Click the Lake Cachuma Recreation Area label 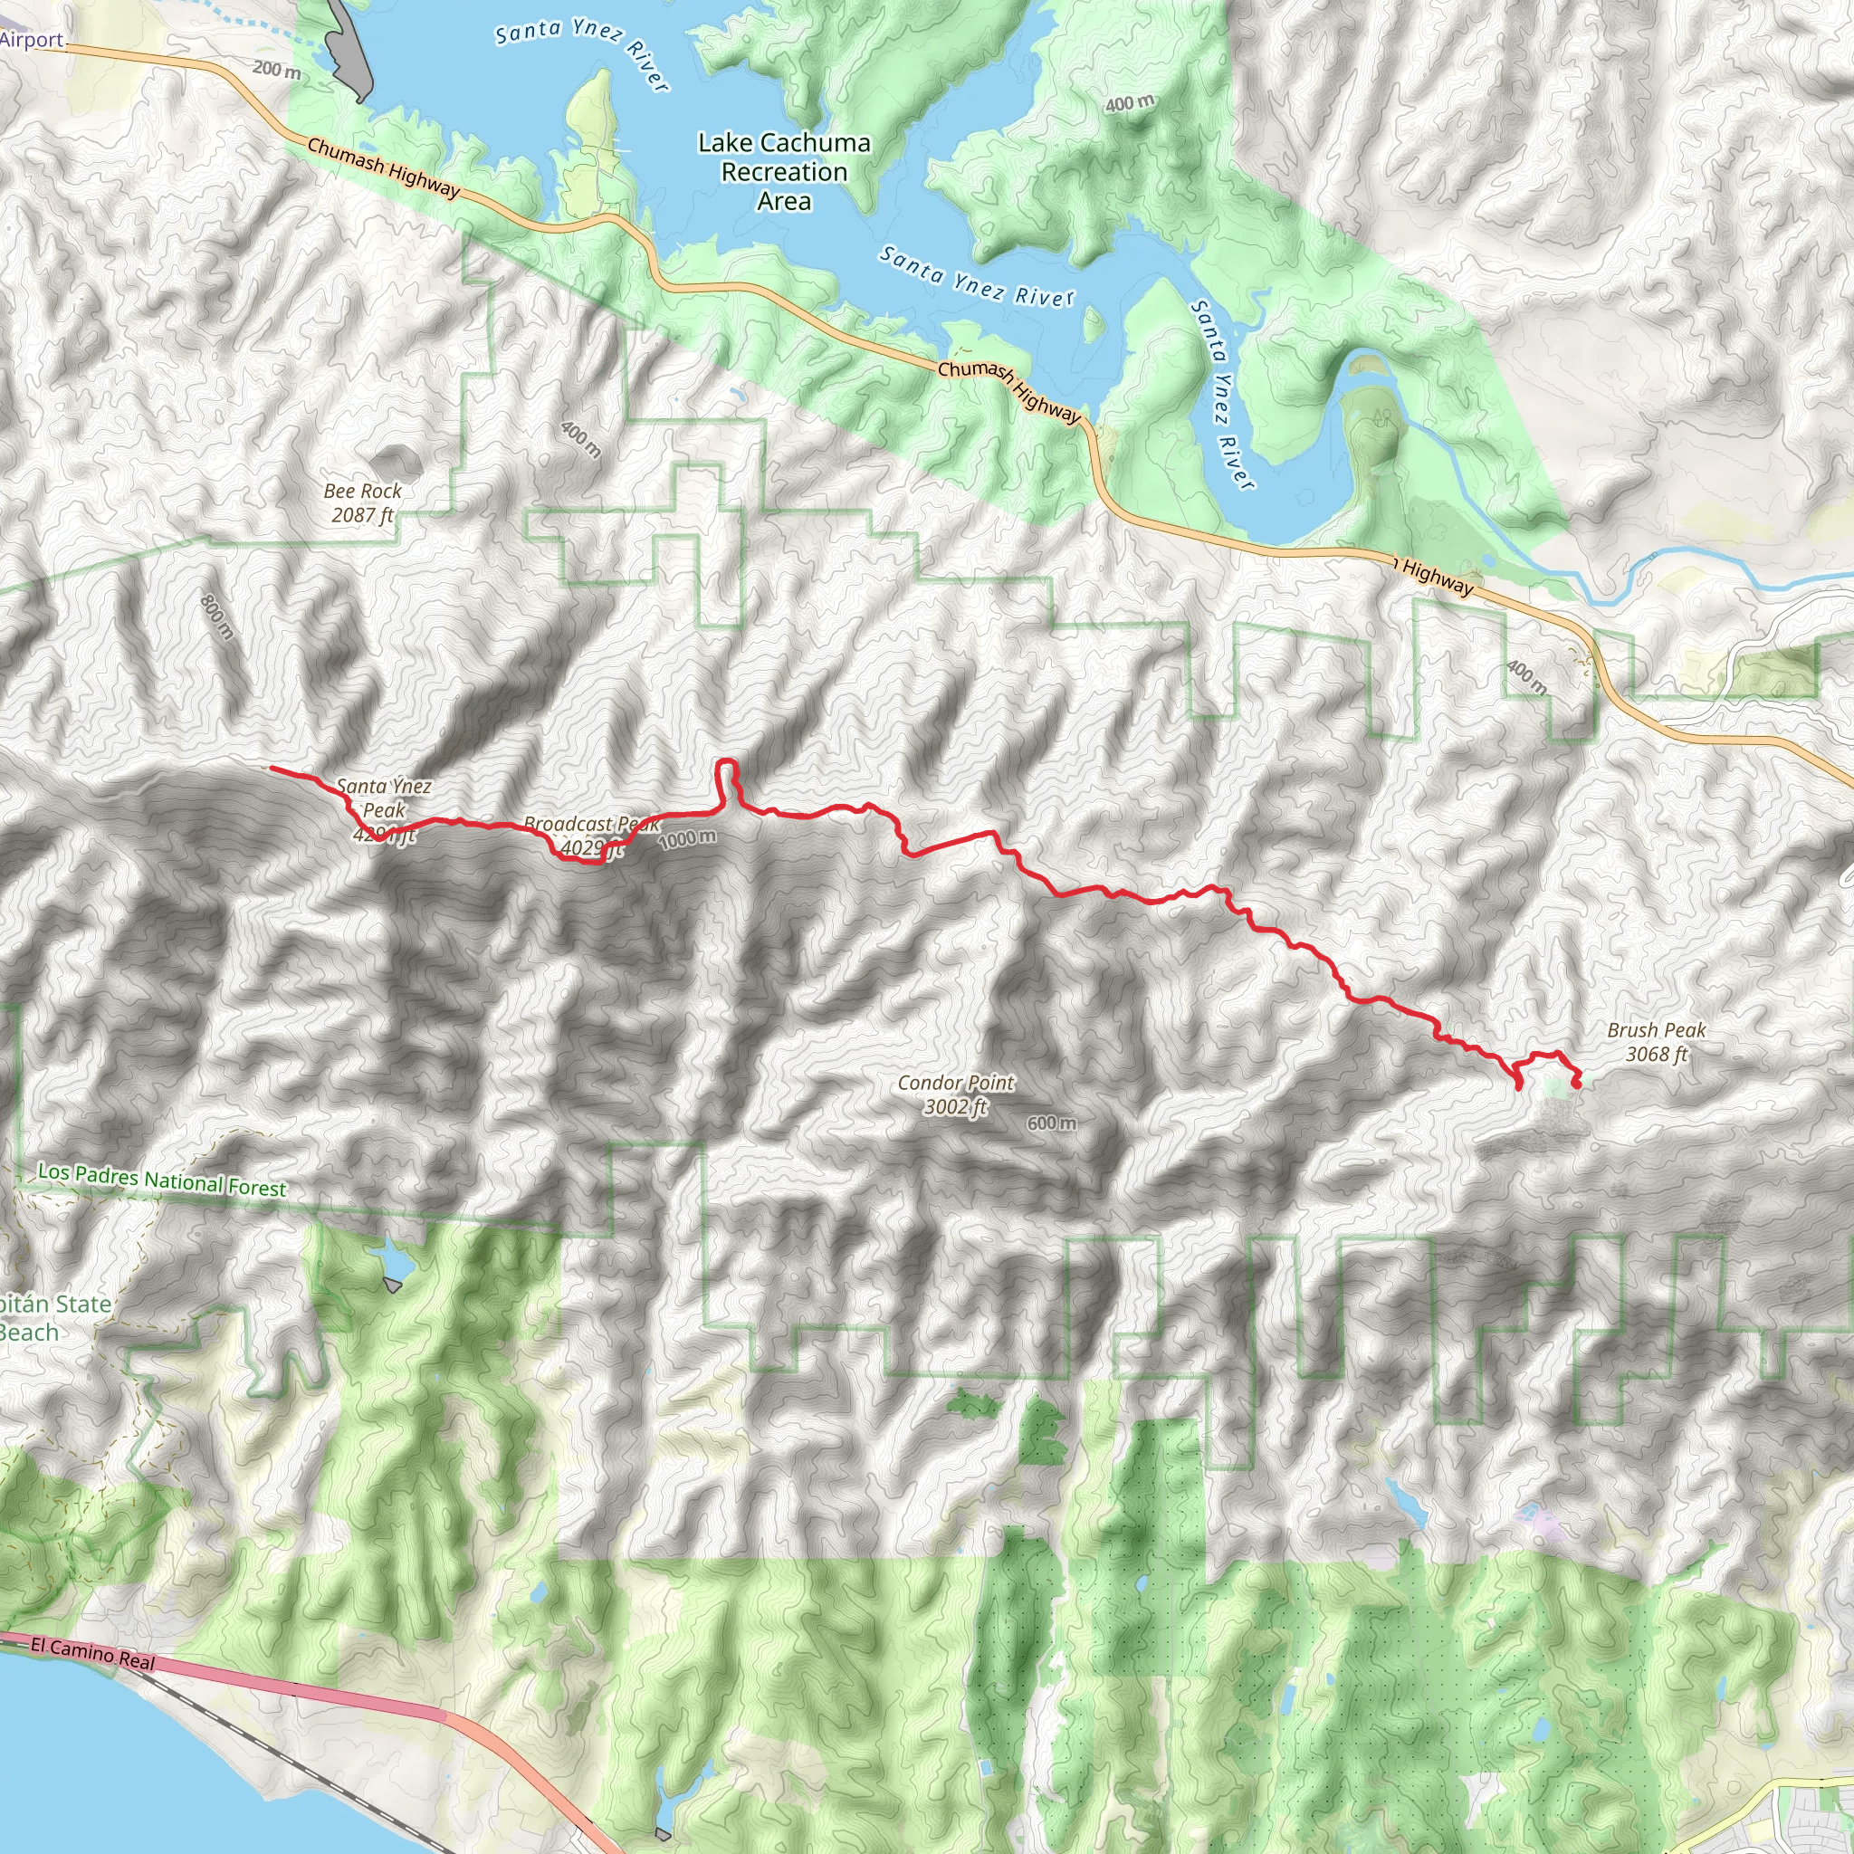point(784,172)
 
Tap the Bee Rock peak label point(363,492)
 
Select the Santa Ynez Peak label point(384,798)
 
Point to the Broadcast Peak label point(591,825)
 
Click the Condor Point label point(956,1083)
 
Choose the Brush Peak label point(1657,1029)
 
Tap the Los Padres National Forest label point(162,1180)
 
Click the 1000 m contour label point(687,838)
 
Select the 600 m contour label point(1051,1123)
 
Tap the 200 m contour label point(276,69)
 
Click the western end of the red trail point(272,768)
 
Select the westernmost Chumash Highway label point(383,167)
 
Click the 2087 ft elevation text point(363,515)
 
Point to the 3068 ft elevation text point(1657,1054)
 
